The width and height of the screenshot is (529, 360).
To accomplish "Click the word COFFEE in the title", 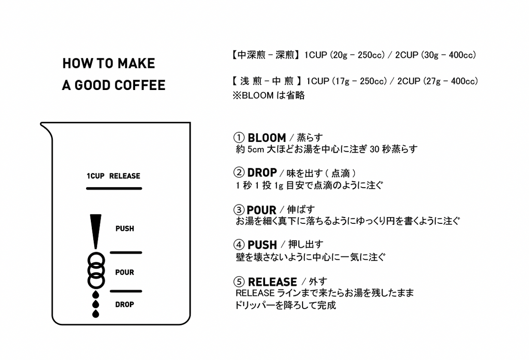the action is coord(140,85).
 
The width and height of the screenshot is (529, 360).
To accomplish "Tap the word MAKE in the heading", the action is coord(136,64).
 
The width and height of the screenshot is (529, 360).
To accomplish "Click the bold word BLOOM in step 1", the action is coord(267,138).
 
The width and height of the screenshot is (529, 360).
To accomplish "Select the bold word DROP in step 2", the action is coord(262,173).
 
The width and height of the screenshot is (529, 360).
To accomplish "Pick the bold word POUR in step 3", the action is coord(262,210).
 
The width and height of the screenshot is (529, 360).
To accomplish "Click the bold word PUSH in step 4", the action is coord(262,245).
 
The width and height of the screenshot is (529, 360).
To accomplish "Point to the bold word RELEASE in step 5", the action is coord(272,282).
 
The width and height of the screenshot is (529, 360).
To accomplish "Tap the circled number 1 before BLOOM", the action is coord(239,138).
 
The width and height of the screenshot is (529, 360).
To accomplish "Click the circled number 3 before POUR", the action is coord(239,210).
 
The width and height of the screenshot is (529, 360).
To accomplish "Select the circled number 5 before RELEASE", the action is coord(239,282).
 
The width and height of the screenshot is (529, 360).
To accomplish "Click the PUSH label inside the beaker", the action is coord(125,229).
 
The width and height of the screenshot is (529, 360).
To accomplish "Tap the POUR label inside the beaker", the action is coord(125,272).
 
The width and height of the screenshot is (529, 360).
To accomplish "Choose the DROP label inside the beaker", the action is coord(125,305).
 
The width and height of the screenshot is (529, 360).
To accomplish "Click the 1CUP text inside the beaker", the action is coord(96,176).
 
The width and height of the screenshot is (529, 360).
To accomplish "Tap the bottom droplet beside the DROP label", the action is coord(96,314).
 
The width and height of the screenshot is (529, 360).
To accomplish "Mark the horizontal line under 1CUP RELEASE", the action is coord(114,189).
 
